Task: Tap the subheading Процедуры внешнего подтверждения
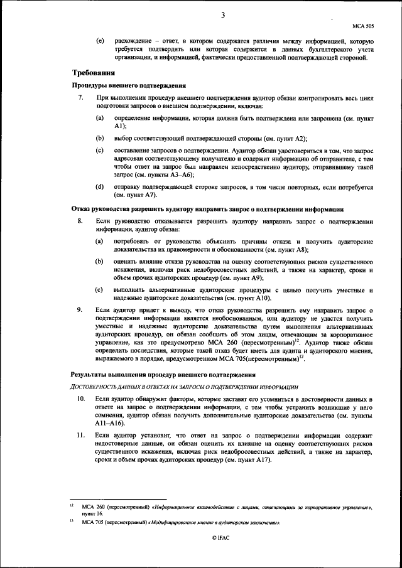point(129,85)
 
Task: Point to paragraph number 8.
point(79,222)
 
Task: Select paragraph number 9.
point(79,310)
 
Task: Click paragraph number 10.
point(80,399)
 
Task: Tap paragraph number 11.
point(80,434)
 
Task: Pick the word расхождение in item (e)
point(134,40)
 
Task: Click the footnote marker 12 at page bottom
point(72,505)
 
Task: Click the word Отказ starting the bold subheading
point(83,208)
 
